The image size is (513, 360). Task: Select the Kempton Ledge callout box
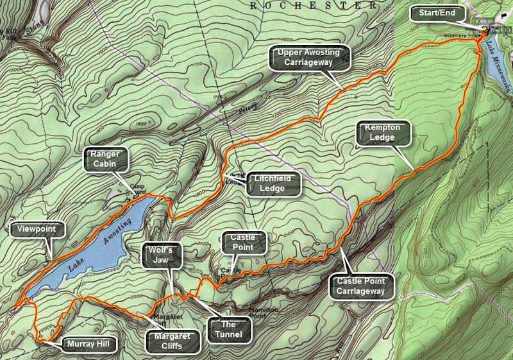coord(382,133)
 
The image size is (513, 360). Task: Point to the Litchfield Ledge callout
coord(270,183)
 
